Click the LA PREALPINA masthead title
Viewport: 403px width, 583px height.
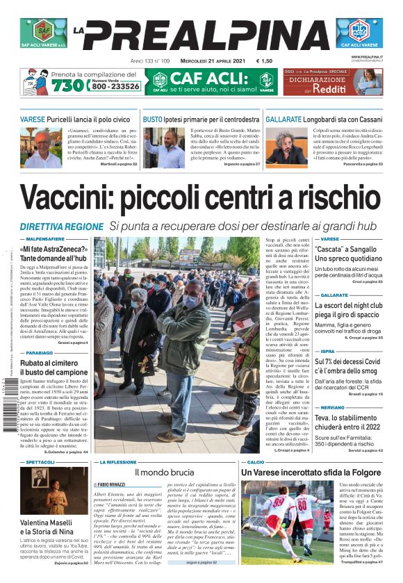(x=201, y=34)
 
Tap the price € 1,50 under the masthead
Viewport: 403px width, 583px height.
(x=263, y=61)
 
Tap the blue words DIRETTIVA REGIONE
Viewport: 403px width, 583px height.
(x=61, y=227)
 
